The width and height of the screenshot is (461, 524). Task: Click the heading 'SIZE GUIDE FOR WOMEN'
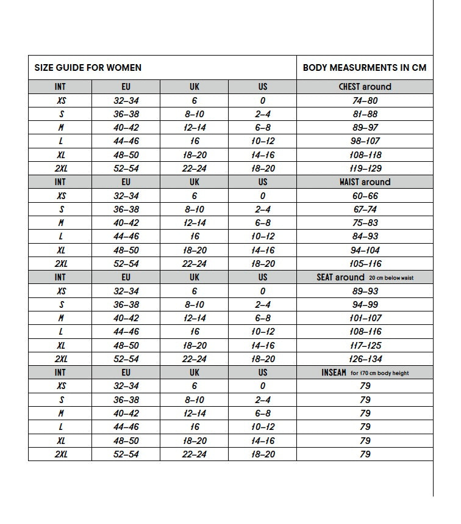[88, 68]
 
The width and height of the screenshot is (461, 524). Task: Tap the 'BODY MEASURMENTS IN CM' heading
[365, 68]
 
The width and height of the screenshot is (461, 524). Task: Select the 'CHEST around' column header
[365, 87]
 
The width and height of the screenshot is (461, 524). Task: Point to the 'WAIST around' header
[365, 182]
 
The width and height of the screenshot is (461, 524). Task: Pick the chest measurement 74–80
[365, 101]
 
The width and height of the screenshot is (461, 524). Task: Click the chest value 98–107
[365, 141]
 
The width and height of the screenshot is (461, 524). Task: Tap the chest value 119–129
[365, 169]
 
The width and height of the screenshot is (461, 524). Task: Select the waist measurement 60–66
[365, 196]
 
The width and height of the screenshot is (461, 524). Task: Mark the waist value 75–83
[365, 223]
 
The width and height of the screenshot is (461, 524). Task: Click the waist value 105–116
[365, 264]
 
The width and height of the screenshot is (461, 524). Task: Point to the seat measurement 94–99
[365, 305]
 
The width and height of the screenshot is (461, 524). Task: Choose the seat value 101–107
[365, 318]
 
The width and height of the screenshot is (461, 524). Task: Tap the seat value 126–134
[365, 359]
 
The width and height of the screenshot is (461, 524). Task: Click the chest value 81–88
[365, 114]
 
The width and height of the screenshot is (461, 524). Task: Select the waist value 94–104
[365, 250]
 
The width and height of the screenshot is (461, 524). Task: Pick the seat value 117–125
[365, 346]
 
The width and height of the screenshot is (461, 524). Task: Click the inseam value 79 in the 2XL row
[365, 454]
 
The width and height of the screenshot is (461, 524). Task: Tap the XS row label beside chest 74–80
[60, 101]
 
